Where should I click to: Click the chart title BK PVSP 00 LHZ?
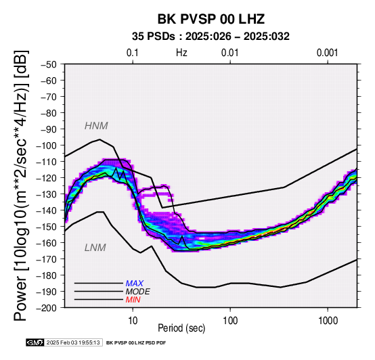coord(211,19)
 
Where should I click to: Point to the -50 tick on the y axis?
coord(49,64)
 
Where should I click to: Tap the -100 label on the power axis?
coord(47,145)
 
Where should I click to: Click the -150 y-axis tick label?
coord(47,227)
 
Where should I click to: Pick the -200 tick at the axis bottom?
coord(47,308)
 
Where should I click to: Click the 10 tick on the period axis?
coord(133,321)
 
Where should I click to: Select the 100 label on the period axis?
coord(230,321)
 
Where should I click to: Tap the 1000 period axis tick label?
coord(328,321)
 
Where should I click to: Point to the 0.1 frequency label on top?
coord(133,53)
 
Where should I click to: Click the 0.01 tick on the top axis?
coord(230,53)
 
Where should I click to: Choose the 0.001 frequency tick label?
coord(327,53)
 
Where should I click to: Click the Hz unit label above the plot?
coord(181,53)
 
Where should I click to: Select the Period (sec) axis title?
coord(181,328)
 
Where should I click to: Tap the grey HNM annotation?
coord(96,126)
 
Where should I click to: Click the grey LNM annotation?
coord(95,248)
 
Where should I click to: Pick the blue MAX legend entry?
coord(135,284)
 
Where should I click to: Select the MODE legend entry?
coord(138,292)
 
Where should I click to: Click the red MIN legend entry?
coord(133,300)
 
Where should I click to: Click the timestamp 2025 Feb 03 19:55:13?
coord(73,343)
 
